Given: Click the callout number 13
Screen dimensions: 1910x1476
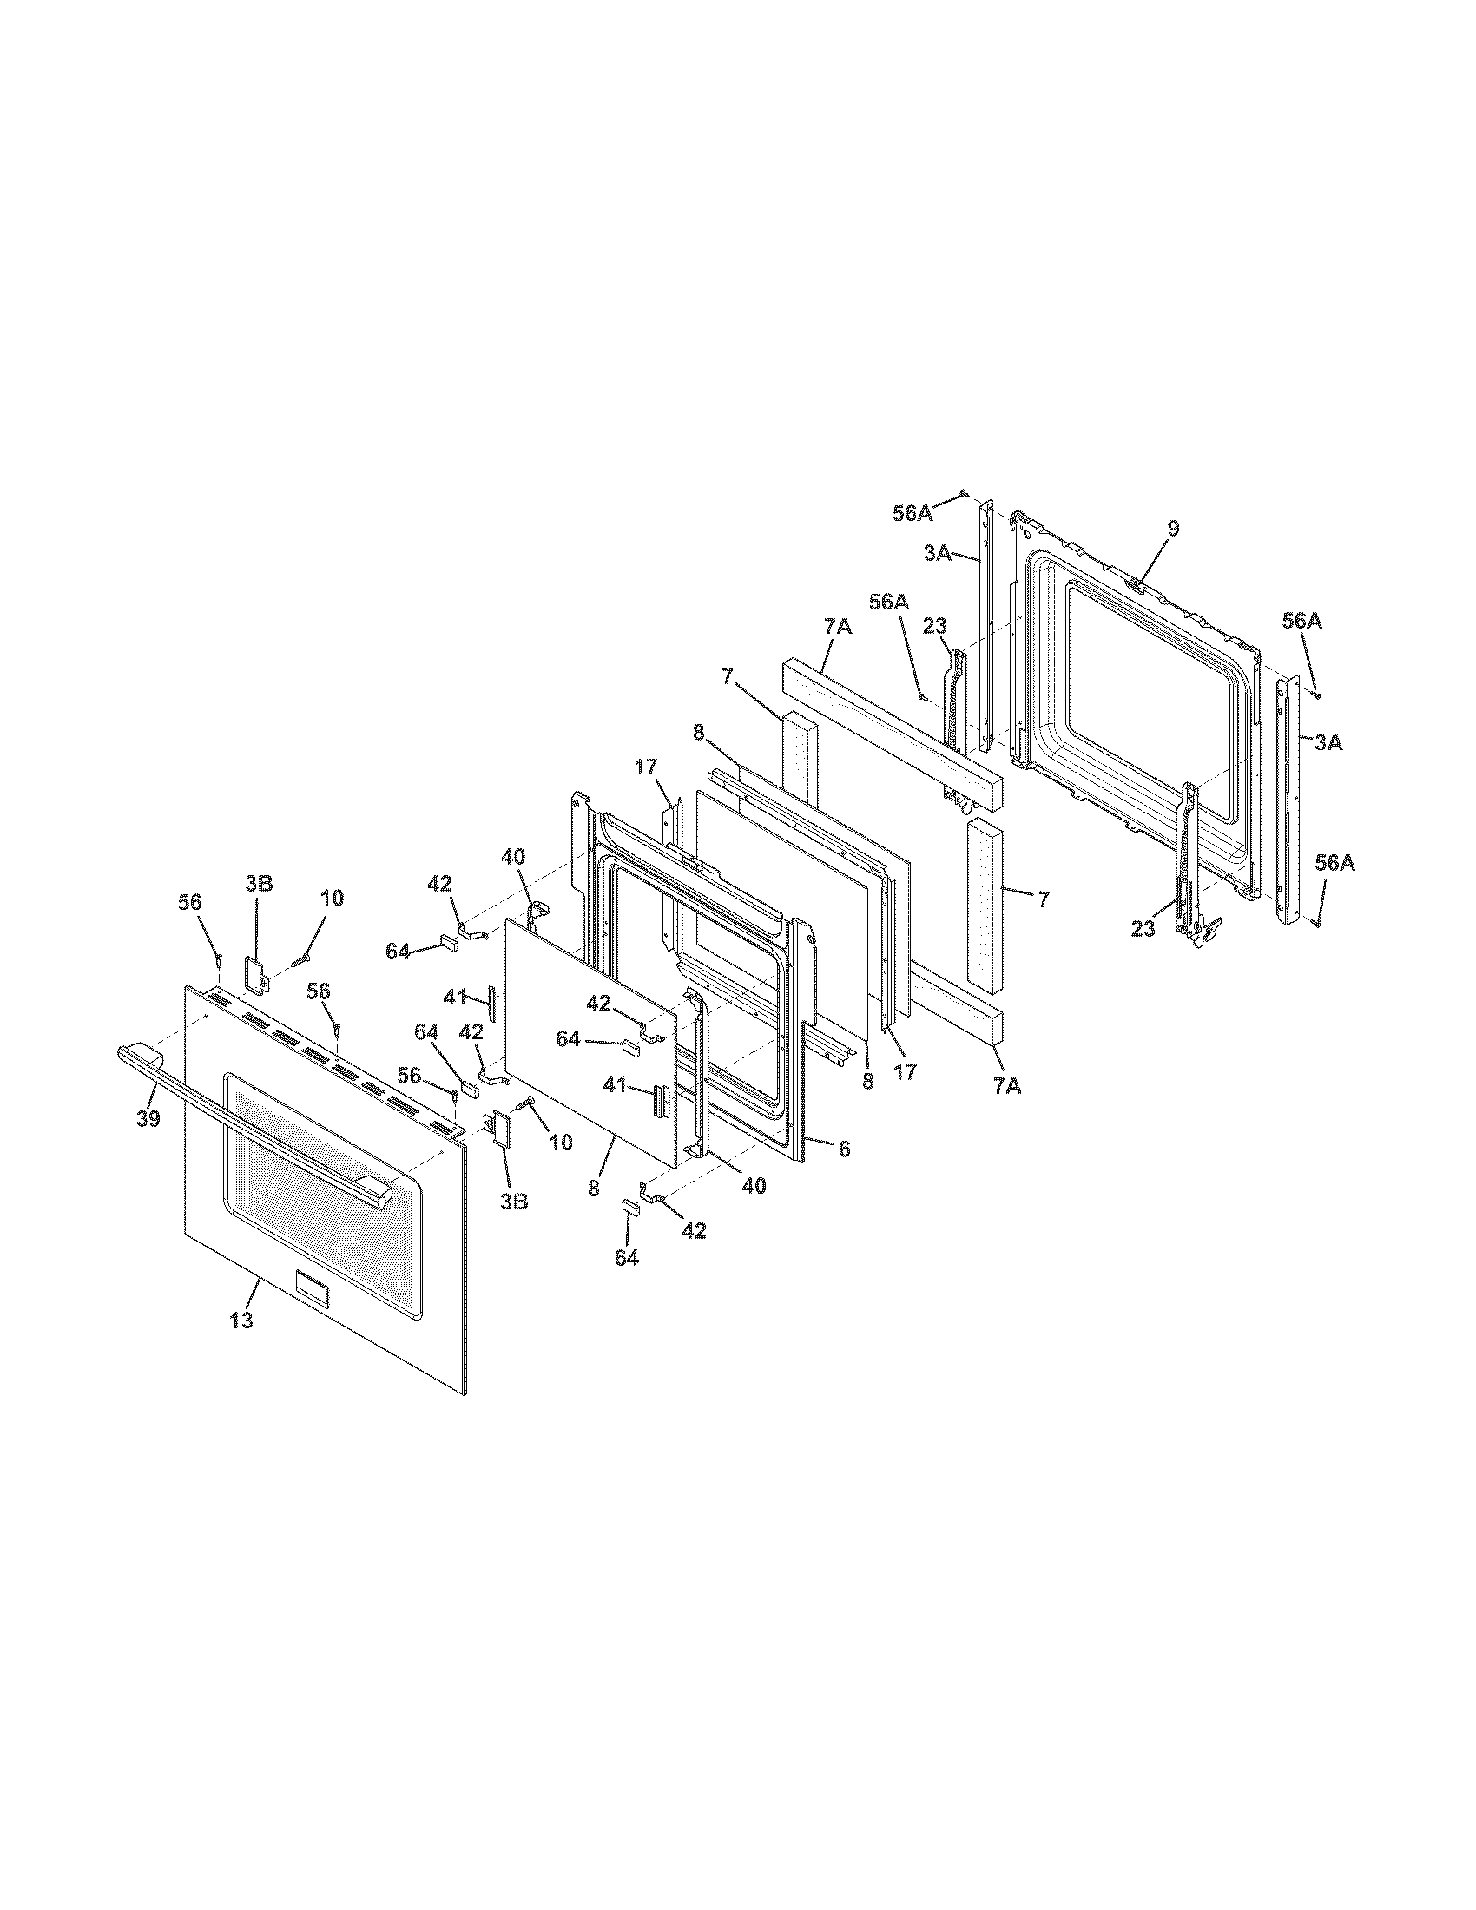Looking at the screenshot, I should [241, 1321].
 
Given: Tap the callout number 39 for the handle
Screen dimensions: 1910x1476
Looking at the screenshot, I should [148, 1118].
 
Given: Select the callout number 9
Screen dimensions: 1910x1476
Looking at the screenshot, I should [1173, 527].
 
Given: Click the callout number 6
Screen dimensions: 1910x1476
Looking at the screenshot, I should [844, 1149].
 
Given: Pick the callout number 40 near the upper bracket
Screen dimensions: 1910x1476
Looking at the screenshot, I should [513, 856].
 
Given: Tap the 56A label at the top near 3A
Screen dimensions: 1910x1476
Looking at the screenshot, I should [912, 513].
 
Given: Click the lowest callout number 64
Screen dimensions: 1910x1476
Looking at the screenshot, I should [626, 1258].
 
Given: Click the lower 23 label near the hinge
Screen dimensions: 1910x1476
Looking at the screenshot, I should [1143, 930].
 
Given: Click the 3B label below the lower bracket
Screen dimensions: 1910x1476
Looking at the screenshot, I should [514, 1202].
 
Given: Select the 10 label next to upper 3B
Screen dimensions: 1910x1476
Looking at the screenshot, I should [332, 898].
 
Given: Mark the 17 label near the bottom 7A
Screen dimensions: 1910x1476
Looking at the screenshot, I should [906, 1070].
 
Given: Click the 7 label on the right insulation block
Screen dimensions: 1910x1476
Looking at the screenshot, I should [1043, 899].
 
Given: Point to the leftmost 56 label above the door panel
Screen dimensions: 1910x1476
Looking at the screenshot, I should [191, 903].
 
